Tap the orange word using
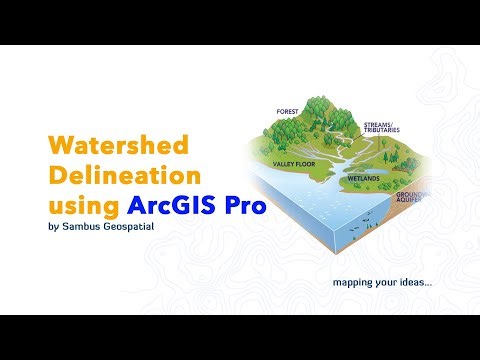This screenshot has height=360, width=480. coord(84,208)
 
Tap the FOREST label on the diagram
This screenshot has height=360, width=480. coord(290,111)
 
